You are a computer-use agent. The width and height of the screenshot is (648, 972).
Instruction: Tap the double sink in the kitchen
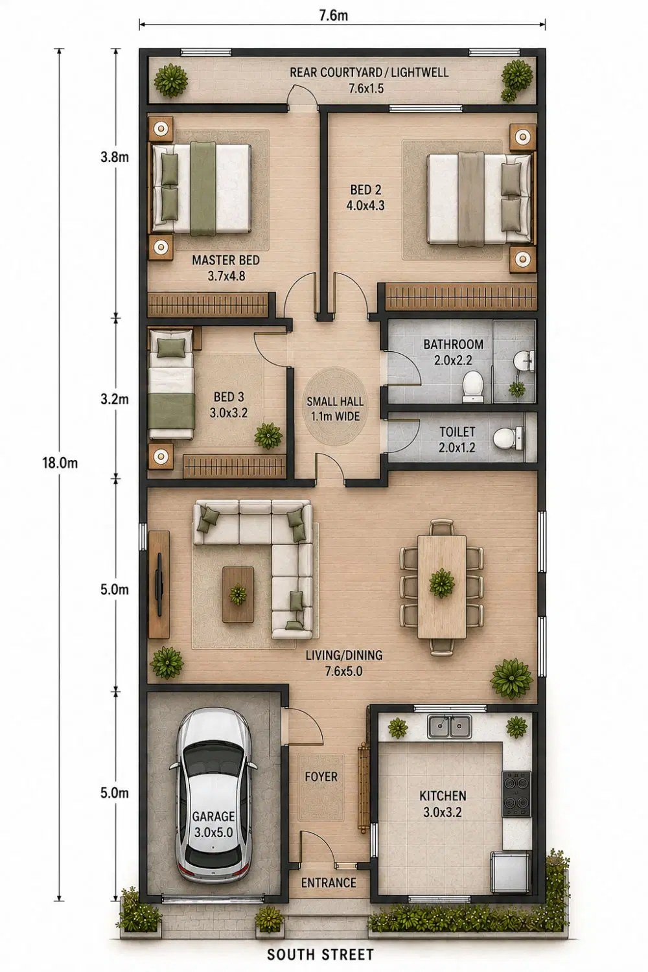click(449, 726)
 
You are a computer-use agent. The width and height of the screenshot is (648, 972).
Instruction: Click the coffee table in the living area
click(238, 594)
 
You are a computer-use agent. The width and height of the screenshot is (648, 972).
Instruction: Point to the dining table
click(442, 586)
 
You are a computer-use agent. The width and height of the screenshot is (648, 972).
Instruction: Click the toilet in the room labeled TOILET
click(508, 439)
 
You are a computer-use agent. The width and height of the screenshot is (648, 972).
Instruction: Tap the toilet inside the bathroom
click(472, 386)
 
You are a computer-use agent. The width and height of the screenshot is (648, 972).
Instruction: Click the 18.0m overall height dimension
click(60, 463)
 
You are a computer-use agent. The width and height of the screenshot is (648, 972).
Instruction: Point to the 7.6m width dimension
click(334, 16)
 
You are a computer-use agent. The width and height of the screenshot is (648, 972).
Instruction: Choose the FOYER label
click(321, 776)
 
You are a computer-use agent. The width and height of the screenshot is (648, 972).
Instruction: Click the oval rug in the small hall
click(334, 406)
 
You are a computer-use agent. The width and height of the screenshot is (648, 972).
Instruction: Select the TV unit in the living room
click(159, 584)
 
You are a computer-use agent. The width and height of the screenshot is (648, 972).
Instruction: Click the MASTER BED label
click(226, 260)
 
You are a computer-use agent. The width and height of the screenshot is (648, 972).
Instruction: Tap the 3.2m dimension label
click(115, 399)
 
